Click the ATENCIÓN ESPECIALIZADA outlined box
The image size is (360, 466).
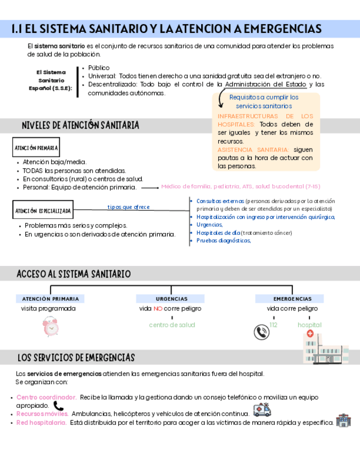[x=43, y=210]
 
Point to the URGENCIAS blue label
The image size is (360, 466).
[x=171, y=299]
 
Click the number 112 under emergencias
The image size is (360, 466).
[x=274, y=325]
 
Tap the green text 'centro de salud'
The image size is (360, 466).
[x=171, y=325]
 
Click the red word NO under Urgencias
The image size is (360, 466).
[x=158, y=309]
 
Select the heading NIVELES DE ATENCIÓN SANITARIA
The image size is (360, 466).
[x=80, y=125]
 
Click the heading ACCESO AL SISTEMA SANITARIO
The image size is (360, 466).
[x=74, y=273]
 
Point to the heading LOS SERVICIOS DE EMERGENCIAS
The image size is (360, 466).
[x=76, y=358]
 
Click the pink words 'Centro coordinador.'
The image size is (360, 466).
[x=46, y=397]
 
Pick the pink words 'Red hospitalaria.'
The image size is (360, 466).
[x=41, y=423]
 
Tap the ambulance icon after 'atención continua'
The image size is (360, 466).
[x=261, y=410]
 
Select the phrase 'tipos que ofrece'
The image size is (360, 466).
[x=129, y=207]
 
